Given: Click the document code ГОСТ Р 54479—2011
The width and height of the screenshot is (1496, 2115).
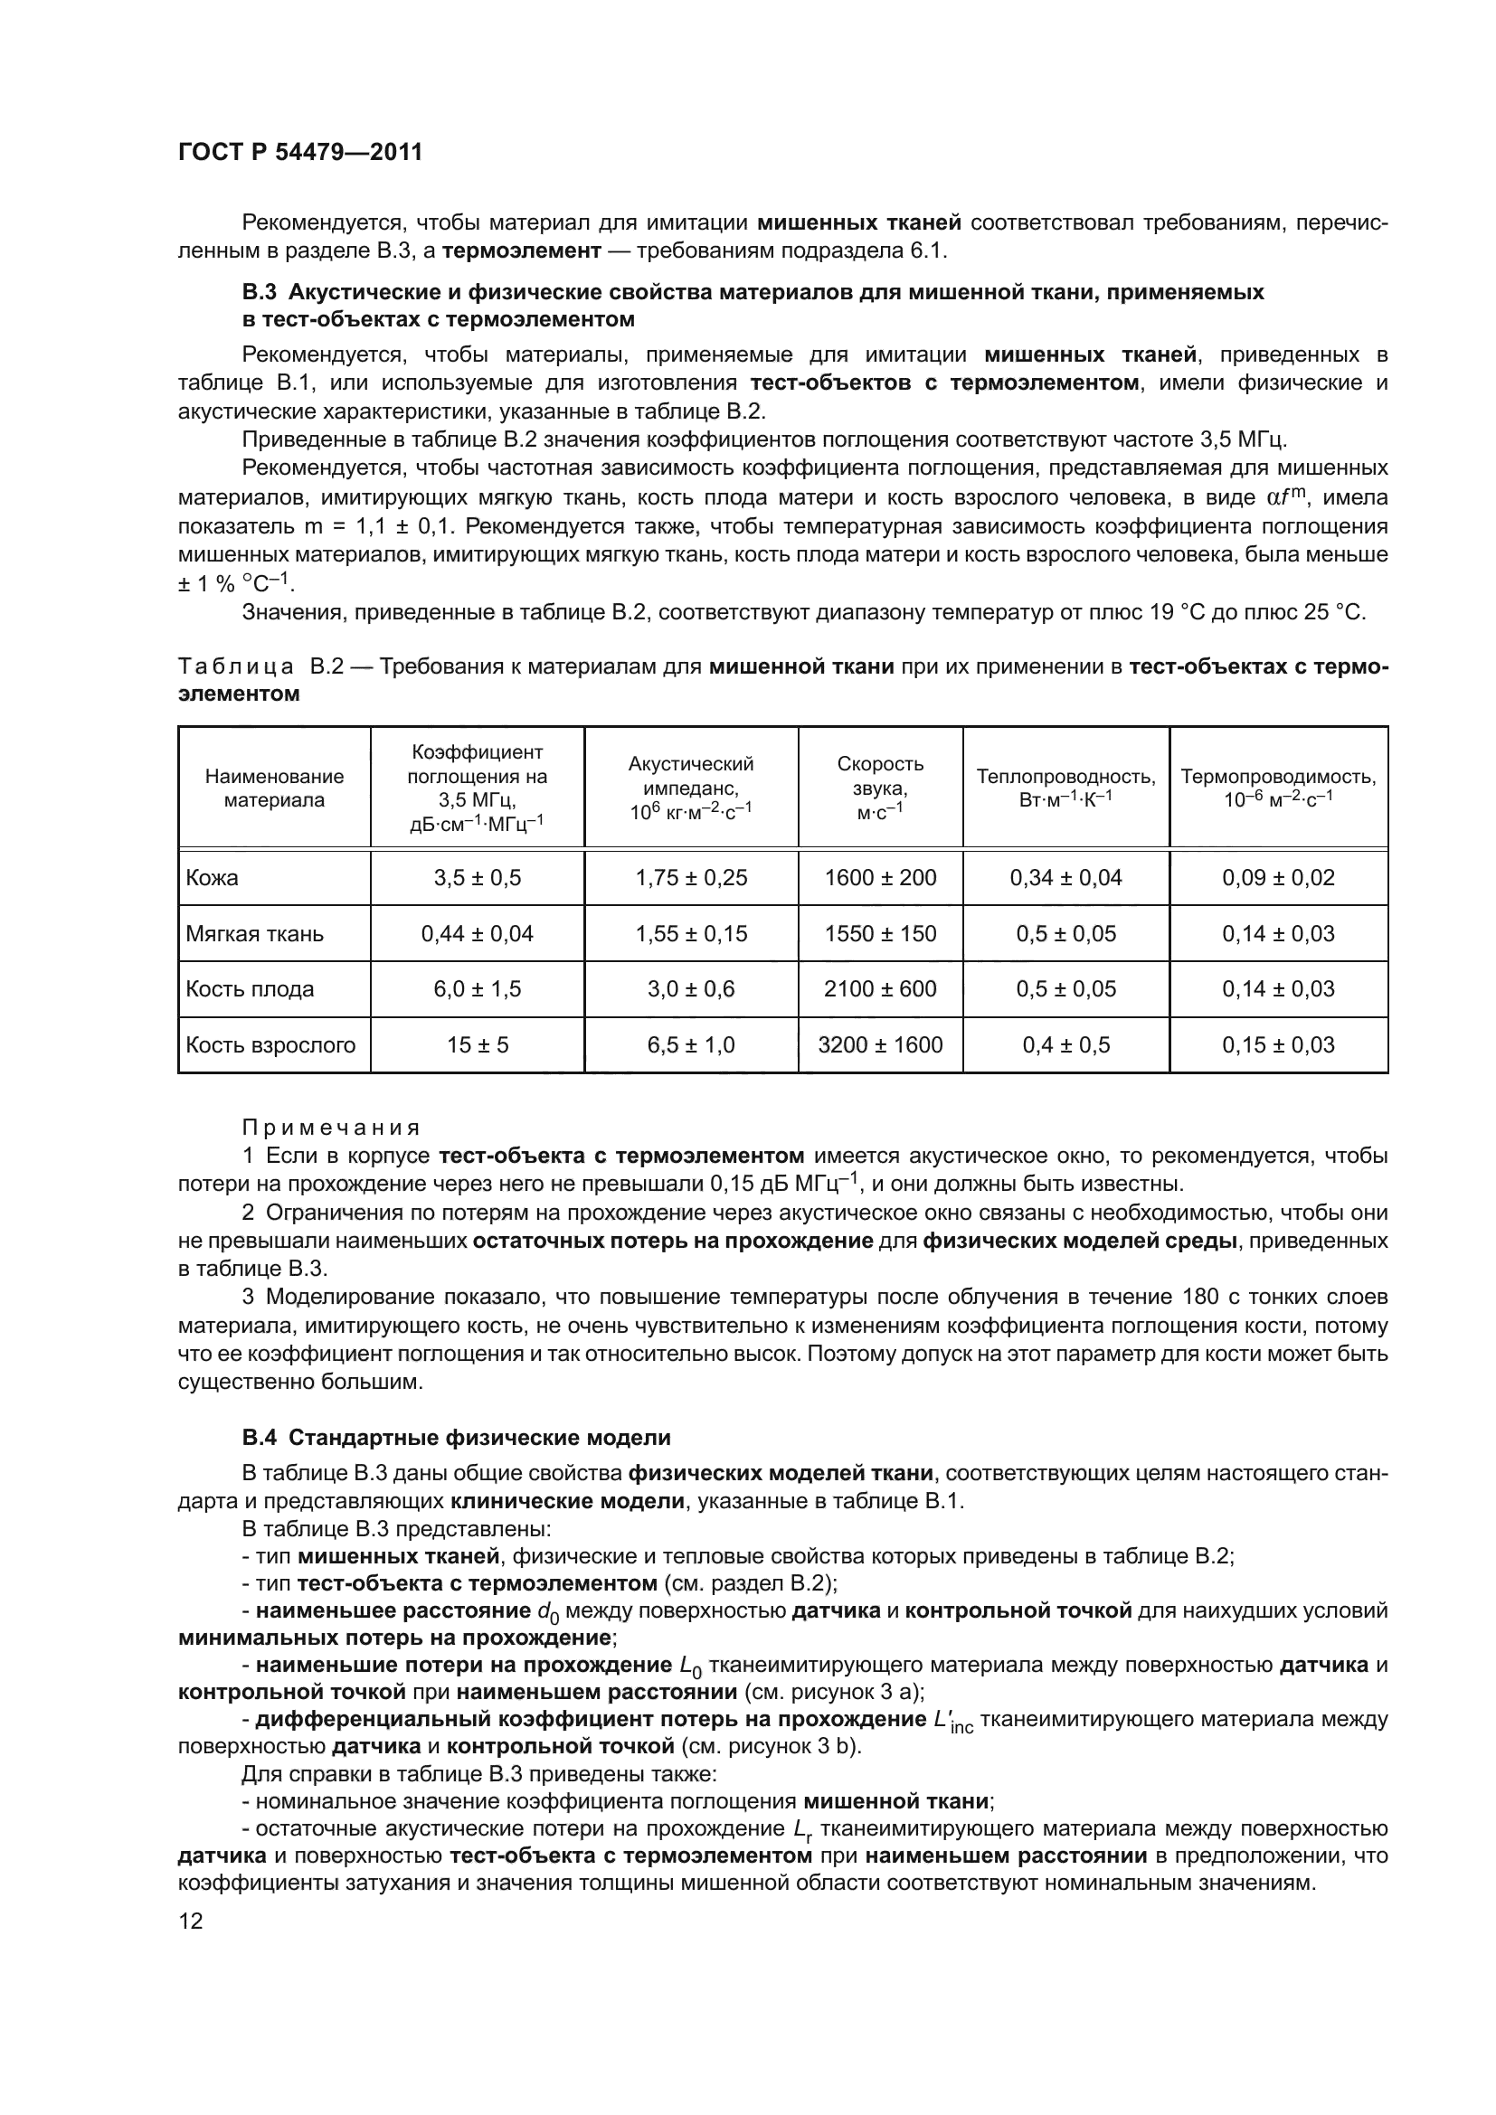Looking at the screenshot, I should pyautogui.click(x=299, y=153).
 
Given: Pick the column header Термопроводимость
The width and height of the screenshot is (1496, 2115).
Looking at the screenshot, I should pyautogui.click(x=1278, y=787).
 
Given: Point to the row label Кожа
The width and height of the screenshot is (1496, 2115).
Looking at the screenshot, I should pyautogui.click(x=212, y=877).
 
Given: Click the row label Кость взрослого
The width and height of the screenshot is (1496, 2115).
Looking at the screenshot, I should pyautogui.click(x=270, y=1044).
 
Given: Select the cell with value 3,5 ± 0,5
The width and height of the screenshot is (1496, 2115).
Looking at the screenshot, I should pyautogui.click(x=477, y=877).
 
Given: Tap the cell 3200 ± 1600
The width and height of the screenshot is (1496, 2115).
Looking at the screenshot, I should pyautogui.click(x=880, y=1044).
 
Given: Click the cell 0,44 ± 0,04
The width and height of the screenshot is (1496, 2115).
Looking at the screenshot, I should pyautogui.click(x=477, y=933).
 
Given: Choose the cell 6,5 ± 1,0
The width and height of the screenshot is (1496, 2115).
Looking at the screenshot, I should pyautogui.click(x=690, y=1044).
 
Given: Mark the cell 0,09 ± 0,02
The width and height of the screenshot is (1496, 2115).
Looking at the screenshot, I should pyautogui.click(x=1278, y=877).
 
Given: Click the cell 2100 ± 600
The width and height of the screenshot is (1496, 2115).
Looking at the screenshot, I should pyautogui.click(x=880, y=988).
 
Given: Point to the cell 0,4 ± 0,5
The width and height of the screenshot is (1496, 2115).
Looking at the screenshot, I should pyautogui.click(x=1065, y=1044).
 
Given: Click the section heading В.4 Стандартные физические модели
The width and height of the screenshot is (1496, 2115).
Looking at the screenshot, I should pyautogui.click(x=456, y=1437).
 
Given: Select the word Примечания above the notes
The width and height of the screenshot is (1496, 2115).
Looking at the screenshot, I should pyautogui.click(x=330, y=1128).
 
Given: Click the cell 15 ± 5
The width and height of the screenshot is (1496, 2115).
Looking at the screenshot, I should pyautogui.click(x=477, y=1044).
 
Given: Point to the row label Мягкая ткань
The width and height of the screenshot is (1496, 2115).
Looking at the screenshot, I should pyautogui.click(x=254, y=933).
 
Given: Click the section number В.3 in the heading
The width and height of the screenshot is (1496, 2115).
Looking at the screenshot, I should pyautogui.click(x=259, y=293).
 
